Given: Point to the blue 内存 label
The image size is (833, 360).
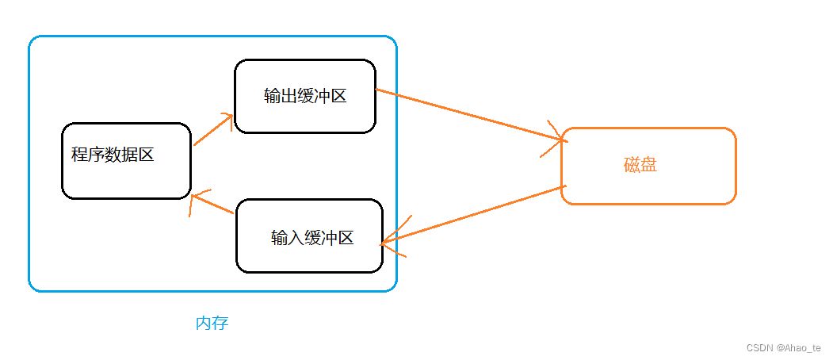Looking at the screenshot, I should point(212,324).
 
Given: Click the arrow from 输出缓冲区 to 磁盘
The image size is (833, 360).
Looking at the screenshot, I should point(468,115).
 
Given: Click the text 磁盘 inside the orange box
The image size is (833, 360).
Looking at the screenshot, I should point(640,166).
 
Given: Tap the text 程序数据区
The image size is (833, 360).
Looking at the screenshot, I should point(113,155).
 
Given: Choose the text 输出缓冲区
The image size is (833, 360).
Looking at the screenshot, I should point(305,96).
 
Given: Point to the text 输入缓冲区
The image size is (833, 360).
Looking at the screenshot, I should point(311,237).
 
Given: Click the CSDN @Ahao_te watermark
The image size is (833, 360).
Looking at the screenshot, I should point(783,347).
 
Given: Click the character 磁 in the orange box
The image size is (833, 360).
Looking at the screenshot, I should point(632,166).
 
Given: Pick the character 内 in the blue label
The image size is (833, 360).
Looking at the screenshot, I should point(203,324).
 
